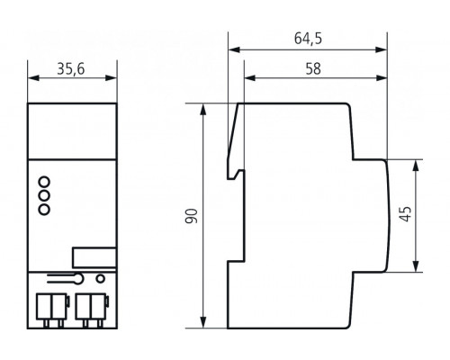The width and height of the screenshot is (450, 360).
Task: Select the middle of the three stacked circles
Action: (x=42, y=193)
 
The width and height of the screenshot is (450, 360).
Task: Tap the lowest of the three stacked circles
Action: (x=42, y=209)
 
